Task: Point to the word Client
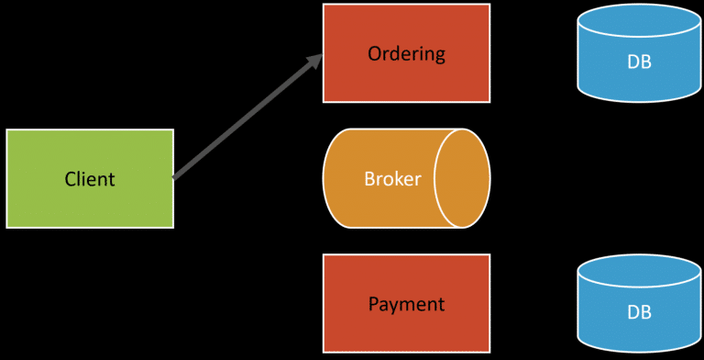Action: point(90,179)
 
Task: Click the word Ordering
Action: point(406,53)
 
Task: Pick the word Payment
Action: point(406,304)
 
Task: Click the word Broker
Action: point(392,178)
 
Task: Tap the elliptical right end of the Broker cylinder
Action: point(462,178)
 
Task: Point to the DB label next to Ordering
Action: point(639,62)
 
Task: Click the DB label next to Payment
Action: point(639,312)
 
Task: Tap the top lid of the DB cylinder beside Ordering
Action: point(639,20)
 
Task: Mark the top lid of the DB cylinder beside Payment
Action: point(639,271)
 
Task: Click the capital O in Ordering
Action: point(374,53)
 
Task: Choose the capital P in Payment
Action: point(372,304)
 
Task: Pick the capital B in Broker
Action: point(368,178)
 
